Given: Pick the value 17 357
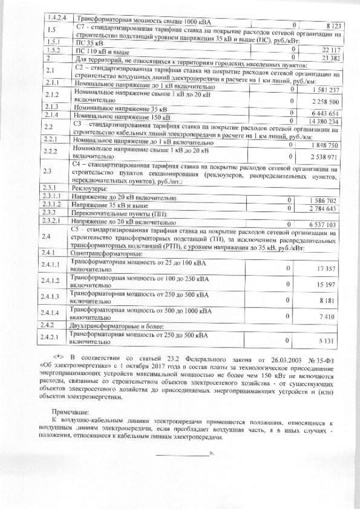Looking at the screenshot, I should click(x=326, y=269).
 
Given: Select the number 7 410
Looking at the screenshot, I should click(x=327, y=317).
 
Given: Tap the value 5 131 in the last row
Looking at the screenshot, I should click(x=327, y=341).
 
